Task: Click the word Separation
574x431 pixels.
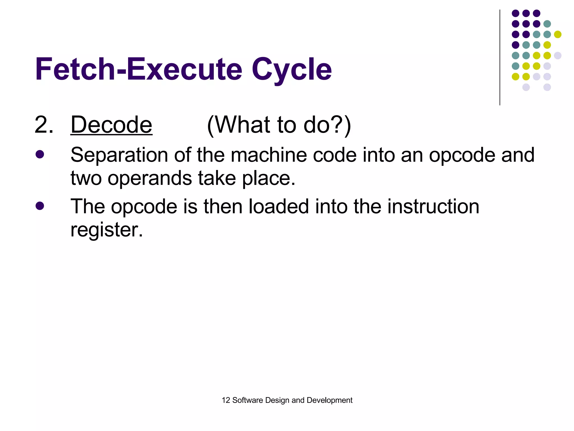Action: coord(119,155)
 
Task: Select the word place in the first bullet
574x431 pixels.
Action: coord(269,178)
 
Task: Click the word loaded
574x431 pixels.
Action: coord(278,207)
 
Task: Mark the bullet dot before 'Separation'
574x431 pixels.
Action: coord(40,154)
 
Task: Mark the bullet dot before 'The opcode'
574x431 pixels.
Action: coord(40,206)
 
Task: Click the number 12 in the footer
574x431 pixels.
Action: coord(226,400)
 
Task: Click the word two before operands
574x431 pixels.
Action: coord(86,178)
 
